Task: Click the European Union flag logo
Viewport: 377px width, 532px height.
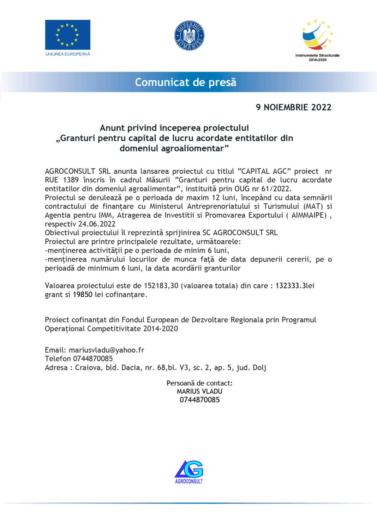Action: [67, 35]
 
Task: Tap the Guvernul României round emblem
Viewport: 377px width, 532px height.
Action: [189, 36]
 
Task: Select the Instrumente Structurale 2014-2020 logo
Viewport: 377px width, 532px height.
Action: [317, 39]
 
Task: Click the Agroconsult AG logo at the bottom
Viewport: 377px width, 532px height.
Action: [189, 472]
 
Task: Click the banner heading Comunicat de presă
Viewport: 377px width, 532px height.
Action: [186, 82]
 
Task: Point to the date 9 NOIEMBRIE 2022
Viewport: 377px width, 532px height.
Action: [294, 107]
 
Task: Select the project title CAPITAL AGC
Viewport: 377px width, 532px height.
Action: [264, 171]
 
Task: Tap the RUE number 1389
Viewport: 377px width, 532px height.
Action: [71, 180]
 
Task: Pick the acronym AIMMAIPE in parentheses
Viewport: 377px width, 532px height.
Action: [309, 215]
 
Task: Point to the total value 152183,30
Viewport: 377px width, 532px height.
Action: [161, 286]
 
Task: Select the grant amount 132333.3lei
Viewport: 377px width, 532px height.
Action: [295, 286]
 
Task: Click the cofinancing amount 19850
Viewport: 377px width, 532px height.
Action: [83, 295]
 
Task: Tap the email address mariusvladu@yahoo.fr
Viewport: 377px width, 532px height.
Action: [106, 350]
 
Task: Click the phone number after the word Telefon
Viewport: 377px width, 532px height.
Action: [93, 359]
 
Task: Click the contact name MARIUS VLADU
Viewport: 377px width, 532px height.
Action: [199, 391]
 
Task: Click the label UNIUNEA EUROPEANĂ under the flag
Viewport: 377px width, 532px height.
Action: [67, 54]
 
